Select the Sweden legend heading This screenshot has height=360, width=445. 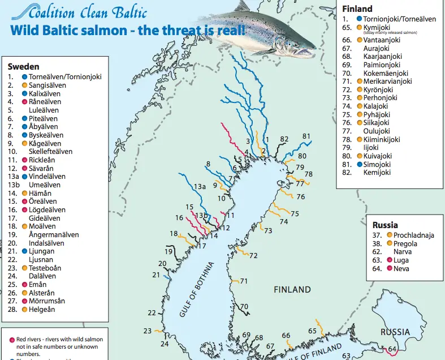(23, 67)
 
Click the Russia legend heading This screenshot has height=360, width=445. (386, 225)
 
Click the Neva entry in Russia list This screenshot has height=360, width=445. (401, 268)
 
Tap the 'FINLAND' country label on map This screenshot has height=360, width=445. (292, 289)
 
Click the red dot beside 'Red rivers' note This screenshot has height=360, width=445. (12, 340)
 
